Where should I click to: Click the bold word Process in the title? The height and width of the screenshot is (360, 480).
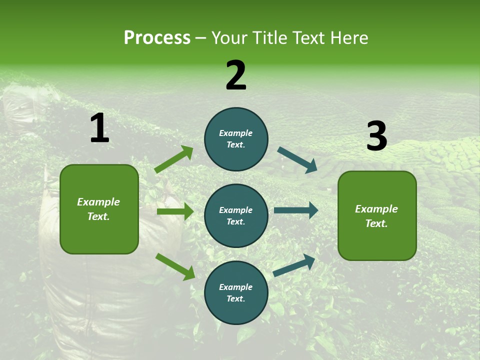tap(157, 38)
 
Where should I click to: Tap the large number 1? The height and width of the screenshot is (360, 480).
tap(99, 128)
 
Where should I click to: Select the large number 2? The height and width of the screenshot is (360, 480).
tap(236, 75)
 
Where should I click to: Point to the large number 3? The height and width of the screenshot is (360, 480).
tap(376, 136)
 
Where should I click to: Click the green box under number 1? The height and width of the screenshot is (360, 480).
tap(99, 209)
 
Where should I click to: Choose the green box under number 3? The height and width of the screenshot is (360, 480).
tap(377, 215)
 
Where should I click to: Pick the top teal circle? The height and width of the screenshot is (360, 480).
tap(236, 139)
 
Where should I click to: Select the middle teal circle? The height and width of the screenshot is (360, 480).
tap(236, 215)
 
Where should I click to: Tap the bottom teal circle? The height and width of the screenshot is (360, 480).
tap(236, 292)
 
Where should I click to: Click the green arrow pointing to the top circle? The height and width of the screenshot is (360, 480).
tap(174, 159)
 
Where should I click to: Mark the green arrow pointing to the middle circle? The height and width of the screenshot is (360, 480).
tap(175, 211)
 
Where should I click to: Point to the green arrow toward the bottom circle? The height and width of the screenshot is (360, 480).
tap(175, 266)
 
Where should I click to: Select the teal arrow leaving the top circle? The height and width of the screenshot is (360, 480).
tap(297, 160)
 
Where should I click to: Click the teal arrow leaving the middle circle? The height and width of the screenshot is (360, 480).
tap(296, 210)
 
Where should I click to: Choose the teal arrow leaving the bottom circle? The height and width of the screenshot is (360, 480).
tap(294, 265)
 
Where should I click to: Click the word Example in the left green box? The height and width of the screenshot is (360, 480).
tap(98, 202)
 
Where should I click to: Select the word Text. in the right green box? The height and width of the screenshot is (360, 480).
tap(376, 223)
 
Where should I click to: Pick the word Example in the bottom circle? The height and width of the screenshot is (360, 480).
tap(236, 287)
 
